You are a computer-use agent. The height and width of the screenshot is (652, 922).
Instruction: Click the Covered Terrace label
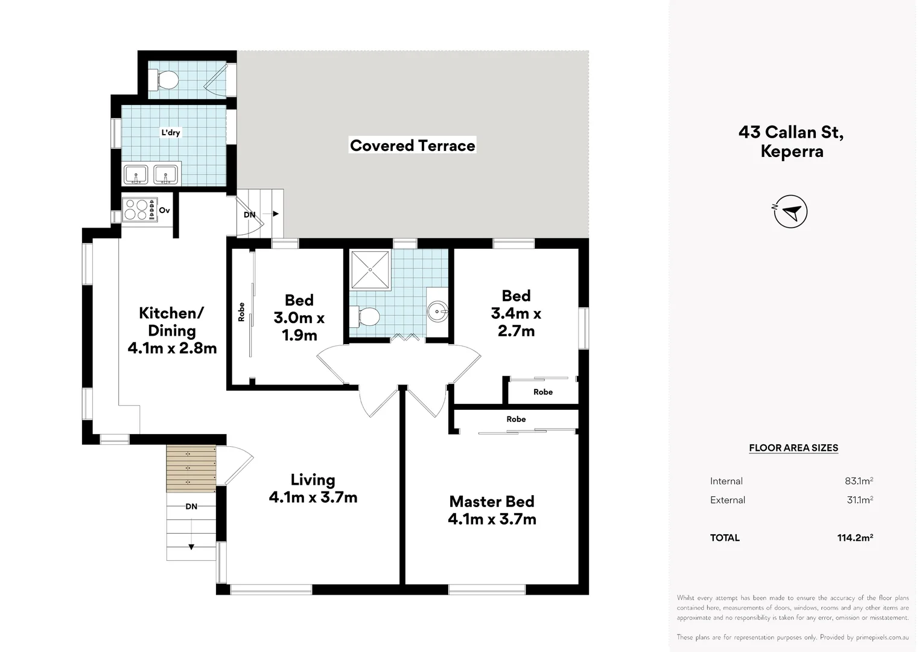pos(413,145)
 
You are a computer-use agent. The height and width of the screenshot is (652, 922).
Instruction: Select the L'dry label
pos(170,132)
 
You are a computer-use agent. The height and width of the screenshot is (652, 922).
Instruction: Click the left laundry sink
pos(136,174)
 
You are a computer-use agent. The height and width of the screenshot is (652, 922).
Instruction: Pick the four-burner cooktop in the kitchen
pos(136,209)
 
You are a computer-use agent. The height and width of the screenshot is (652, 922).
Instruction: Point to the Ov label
pos(165,210)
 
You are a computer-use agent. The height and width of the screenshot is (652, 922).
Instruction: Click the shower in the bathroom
pos(370,269)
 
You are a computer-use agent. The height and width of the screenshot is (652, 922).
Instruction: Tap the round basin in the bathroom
pos(437,312)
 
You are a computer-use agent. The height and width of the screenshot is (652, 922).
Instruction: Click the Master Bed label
pos(492,502)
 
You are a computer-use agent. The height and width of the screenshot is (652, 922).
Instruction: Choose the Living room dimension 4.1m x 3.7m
pos(313,497)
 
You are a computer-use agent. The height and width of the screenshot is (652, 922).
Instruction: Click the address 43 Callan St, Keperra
pos(791,141)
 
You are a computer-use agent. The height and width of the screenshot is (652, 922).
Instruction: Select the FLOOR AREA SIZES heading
pos(793,448)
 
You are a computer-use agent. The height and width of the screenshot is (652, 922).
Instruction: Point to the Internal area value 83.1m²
pos(858,481)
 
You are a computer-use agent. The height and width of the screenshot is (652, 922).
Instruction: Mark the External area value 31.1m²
pos(859,500)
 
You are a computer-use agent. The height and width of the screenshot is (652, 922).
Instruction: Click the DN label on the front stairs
pos(191,507)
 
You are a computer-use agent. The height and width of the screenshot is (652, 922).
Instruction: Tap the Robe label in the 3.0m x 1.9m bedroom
pos(241,312)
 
